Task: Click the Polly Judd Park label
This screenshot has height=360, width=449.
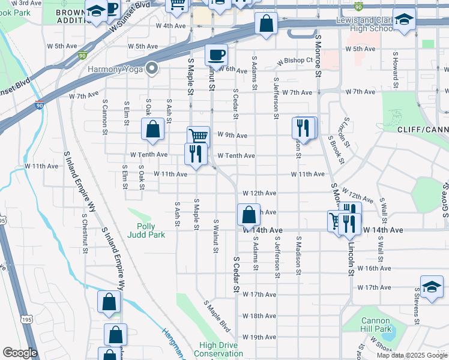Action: point(146,230)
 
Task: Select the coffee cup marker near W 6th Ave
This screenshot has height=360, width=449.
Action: point(216,55)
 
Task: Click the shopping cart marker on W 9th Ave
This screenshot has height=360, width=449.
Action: point(198,136)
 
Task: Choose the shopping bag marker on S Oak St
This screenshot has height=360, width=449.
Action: point(153,129)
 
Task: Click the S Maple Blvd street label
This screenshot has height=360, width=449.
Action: point(217,317)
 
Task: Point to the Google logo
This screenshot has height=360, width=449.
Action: point(19,353)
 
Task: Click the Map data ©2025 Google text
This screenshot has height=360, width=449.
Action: point(411,355)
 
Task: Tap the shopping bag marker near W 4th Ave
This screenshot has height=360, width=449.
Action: point(266,25)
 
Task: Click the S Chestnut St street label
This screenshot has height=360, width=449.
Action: point(84,232)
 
